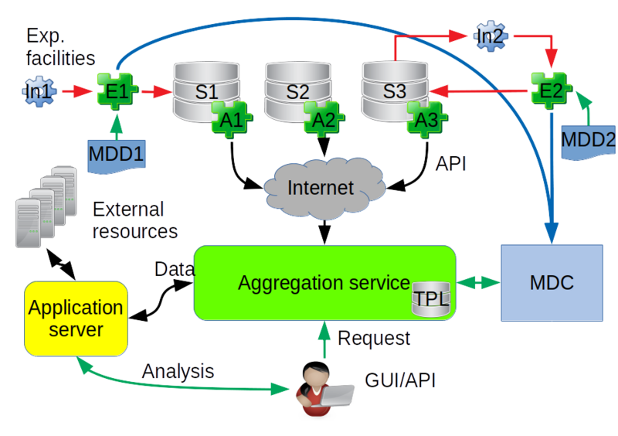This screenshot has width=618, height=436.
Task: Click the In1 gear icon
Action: (x=39, y=91)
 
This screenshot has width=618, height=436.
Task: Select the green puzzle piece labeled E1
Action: (x=117, y=91)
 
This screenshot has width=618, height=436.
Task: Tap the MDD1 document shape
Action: (x=117, y=157)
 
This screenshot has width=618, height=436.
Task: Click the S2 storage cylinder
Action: (x=298, y=91)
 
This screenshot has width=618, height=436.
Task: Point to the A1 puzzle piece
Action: (x=232, y=120)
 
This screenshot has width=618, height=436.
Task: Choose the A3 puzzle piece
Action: (x=427, y=120)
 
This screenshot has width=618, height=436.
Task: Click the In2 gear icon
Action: (x=491, y=36)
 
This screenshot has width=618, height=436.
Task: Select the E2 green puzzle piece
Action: (x=551, y=90)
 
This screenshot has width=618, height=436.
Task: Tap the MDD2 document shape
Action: (x=588, y=143)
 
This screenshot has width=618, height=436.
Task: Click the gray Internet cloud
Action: (x=324, y=188)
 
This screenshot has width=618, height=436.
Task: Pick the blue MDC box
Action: (x=552, y=283)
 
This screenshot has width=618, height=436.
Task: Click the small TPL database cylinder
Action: (x=431, y=298)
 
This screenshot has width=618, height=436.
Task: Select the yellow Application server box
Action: (x=76, y=318)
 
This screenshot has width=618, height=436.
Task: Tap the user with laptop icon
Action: (x=324, y=389)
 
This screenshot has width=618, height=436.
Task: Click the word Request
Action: (x=374, y=339)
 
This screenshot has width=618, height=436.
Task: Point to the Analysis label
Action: (x=178, y=371)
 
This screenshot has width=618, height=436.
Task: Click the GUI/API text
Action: (x=400, y=380)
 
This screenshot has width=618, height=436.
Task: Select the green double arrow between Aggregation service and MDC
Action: (x=478, y=282)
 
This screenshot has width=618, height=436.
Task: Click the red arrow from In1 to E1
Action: (x=76, y=91)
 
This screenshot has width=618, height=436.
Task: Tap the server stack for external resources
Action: (x=46, y=206)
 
